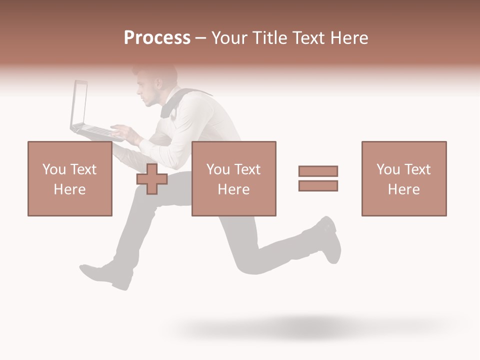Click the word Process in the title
click(157, 38)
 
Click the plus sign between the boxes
click(152, 179)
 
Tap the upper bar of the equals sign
click(318, 171)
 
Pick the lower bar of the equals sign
click(318, 186)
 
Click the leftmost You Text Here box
click(69, 178)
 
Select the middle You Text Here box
click(233, 178)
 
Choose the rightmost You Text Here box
click(403, 178)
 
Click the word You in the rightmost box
click(388, 169)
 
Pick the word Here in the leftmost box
click(69, 189)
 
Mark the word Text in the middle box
click(247, 169)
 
